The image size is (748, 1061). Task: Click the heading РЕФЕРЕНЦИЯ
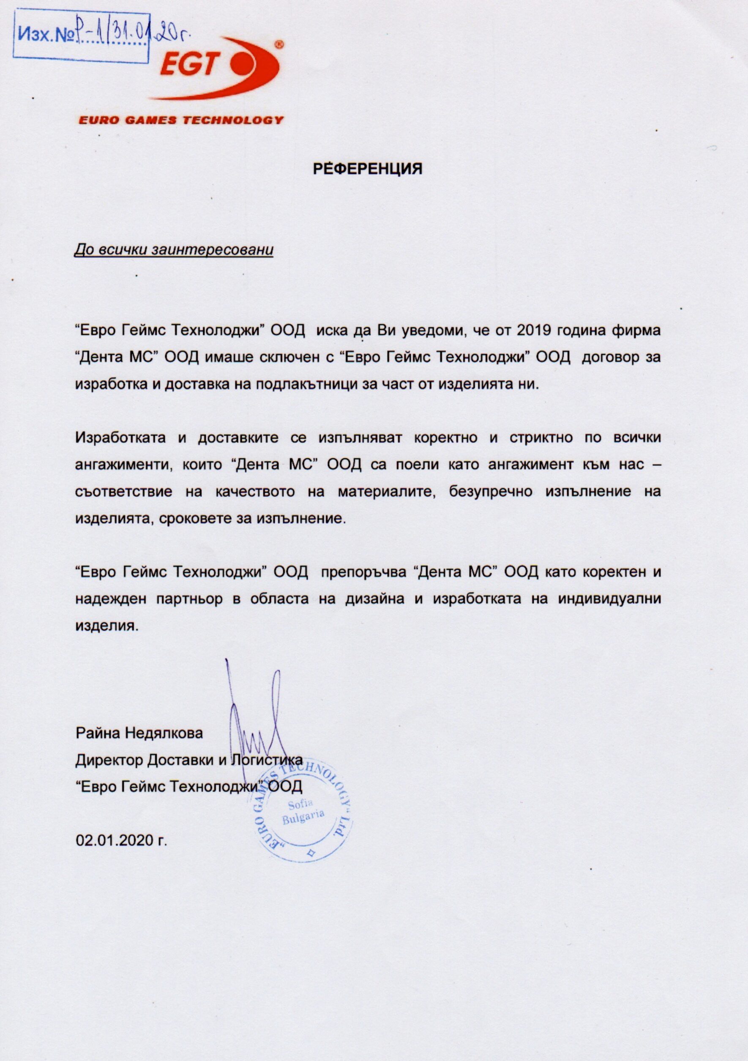coord(368,169)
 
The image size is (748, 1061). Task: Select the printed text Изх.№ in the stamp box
coord(45,36)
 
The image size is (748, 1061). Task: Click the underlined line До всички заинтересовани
coord(174,250)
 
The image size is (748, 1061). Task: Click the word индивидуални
coord(609,599)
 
